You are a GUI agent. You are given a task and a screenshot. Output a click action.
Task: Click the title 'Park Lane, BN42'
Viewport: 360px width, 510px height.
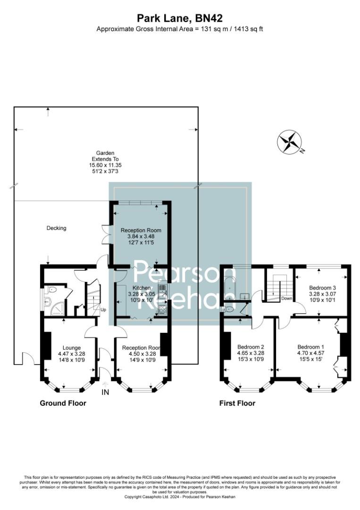180,18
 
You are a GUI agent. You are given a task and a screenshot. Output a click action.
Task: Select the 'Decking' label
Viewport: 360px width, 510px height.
56,228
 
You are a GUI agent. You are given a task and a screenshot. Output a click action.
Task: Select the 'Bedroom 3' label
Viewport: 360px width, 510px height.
323,288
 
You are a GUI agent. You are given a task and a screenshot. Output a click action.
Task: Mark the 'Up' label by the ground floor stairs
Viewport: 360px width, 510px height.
103,310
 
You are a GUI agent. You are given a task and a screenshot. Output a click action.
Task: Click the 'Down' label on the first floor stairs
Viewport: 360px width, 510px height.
286,298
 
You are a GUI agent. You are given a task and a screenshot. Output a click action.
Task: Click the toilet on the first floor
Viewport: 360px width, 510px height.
228,309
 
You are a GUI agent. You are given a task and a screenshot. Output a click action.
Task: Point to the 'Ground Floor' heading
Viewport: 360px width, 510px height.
63,403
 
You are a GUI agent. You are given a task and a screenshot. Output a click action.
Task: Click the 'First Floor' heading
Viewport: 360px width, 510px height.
237,403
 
